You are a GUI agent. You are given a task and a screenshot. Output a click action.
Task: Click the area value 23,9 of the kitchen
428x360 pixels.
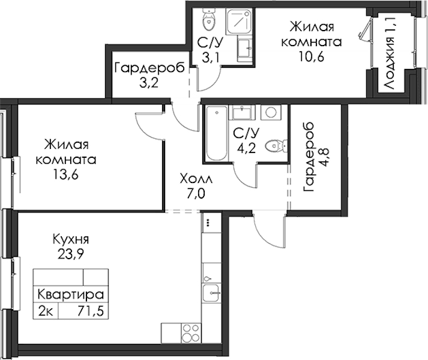(70, 254)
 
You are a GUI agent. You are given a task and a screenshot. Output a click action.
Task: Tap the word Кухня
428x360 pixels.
(71, 239)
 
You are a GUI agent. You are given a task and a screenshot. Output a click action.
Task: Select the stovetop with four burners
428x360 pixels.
(191, 333)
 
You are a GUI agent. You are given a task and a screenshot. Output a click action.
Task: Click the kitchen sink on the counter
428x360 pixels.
(211, 293)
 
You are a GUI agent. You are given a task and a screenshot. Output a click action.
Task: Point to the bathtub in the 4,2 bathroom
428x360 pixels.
(217, 133)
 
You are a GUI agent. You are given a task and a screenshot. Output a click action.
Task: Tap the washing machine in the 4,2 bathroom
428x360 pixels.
(271, 112)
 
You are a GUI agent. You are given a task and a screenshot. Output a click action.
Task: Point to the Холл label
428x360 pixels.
(196, 179)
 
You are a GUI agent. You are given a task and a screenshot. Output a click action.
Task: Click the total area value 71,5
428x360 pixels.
(91, 311)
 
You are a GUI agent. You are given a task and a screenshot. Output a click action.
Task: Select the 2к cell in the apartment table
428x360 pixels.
(46, 311)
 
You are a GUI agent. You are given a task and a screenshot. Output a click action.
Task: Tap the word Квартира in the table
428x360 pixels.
(71, 295)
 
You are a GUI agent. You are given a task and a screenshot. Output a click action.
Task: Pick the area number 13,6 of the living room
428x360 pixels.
(66, 174)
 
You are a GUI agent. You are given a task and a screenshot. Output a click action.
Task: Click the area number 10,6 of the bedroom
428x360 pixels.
(312, 57)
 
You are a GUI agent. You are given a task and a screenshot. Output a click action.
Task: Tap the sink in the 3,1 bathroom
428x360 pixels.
(245, 50)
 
